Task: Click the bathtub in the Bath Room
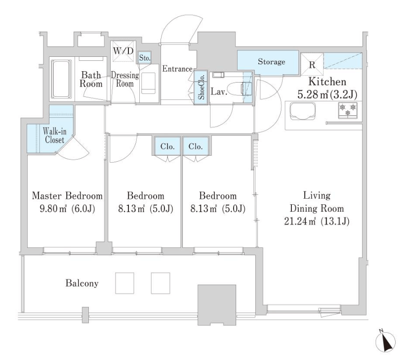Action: (61, 79)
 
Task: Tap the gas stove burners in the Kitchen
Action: (348, 110)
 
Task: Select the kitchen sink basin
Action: (303, 111)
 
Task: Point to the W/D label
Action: (123, 51)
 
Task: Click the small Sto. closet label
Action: (145, 58)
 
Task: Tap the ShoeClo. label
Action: (201, 87)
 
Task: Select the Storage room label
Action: (271, 62)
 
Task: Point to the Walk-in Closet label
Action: (54, 135)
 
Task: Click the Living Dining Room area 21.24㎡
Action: (300, 222)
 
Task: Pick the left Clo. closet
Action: (167, 146)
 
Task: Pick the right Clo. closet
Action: (196, 146)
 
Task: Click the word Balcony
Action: (82, 283)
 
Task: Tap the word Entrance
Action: (177, 69)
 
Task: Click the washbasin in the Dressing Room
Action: (149, 83)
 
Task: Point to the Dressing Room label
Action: (125, 80)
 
